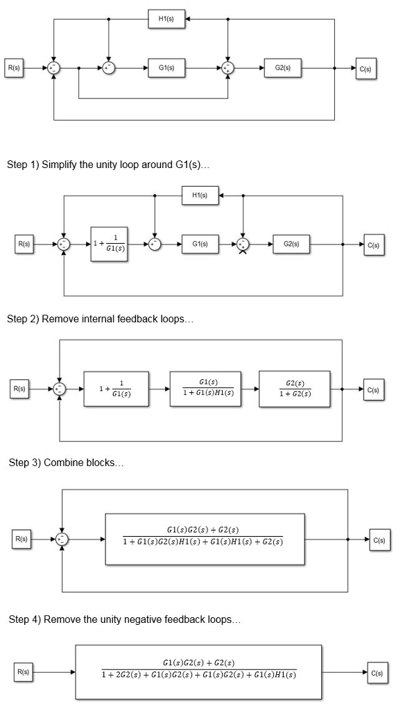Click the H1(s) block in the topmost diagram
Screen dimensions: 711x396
[166, 19]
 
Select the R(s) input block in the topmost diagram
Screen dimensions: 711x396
[14, 68]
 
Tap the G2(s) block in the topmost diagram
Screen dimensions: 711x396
[282, 68]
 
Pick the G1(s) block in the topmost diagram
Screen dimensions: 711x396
[166, 68]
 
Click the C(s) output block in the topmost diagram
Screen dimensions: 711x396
[366, 69]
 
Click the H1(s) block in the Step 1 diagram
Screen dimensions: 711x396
[200, 195]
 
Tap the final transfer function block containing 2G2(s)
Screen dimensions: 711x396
[198, 671]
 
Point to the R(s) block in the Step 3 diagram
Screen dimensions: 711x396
[24, 539]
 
